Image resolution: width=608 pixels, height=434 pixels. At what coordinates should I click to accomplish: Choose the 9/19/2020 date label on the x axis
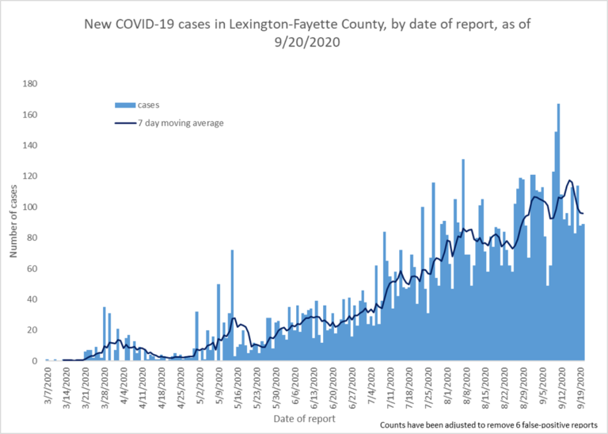[x=583, y=386]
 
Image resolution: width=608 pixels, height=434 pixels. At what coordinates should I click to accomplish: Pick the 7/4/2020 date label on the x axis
[x=373, y=384]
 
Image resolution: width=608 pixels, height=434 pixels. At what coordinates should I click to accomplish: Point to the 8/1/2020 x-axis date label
[x=449, y=384]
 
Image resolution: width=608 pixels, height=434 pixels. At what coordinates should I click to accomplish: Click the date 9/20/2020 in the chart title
[x=304, y=44]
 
